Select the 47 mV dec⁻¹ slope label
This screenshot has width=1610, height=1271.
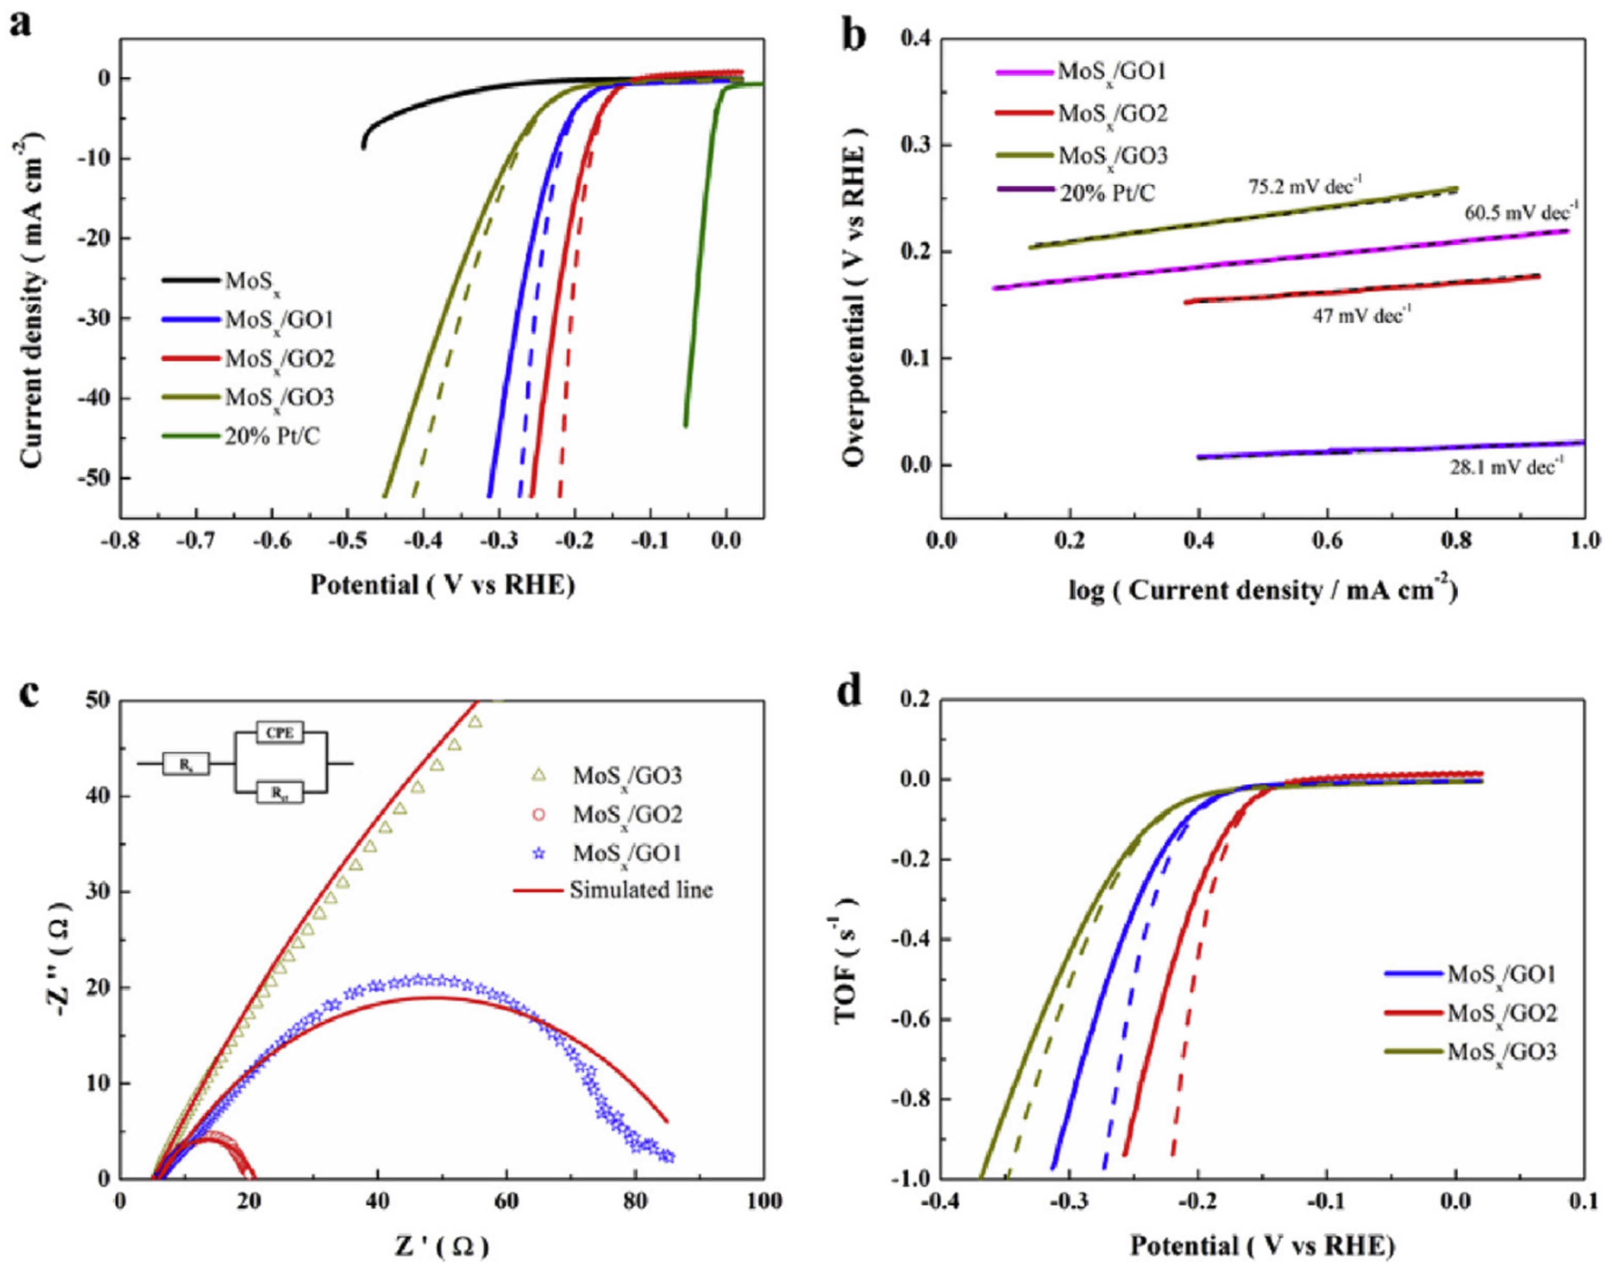pyautogui.click(x=1361, y=315)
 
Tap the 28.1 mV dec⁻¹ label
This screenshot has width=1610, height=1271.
pyautogui.click(x=1507, y=468)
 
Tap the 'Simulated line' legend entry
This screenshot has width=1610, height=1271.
pyautogui.click(x=641, y=890)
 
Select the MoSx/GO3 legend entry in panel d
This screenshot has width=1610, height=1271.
pyautogui.click(x=1502, y=1053)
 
